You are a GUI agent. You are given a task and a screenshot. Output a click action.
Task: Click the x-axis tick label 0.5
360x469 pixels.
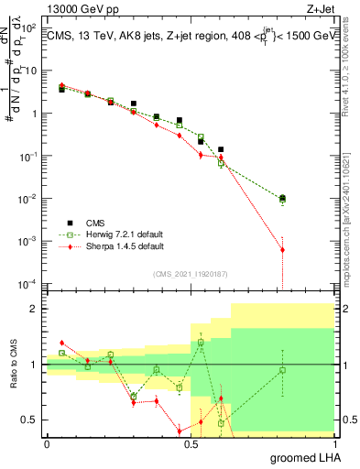tap(190, 443)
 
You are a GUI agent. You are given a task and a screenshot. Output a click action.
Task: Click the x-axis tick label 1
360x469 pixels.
tap(333, 443)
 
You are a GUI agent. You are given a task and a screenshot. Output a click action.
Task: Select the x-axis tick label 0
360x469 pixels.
tap(47, 443)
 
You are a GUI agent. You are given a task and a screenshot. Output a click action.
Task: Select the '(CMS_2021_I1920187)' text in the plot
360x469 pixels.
tap(190, 273)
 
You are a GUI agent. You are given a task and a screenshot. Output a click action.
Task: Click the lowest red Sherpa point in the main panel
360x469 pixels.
tap(282, 249)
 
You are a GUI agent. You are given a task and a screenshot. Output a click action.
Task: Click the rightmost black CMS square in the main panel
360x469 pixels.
tap(282, 198)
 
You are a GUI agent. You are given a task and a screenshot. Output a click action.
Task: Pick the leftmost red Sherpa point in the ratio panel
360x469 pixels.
tap(61, 343)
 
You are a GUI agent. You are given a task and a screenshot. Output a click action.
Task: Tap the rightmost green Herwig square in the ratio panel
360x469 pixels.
tap(282, 370)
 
